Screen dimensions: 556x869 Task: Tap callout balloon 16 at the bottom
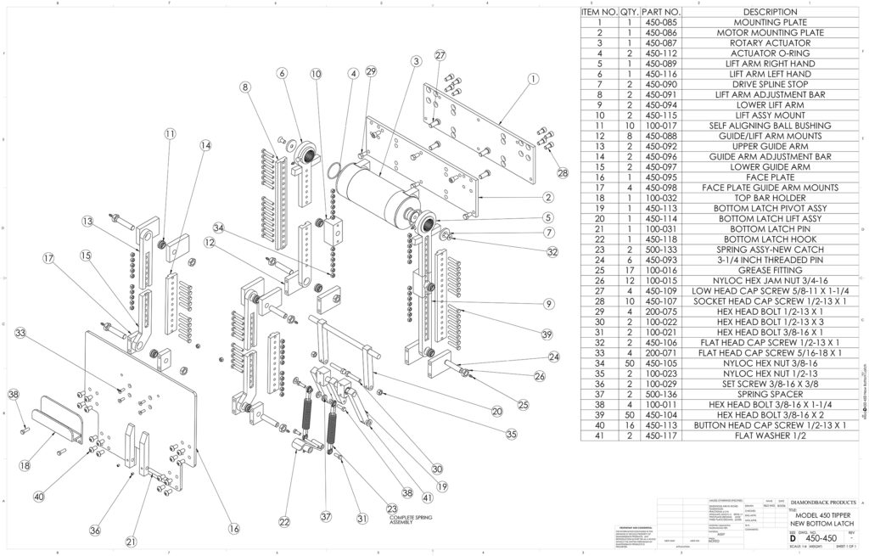[x=233, y=528]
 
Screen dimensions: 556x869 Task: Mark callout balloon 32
[x=552, y=251]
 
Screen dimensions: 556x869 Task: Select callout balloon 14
[x=205, y=145]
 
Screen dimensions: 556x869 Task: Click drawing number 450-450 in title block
[x=810, y=536]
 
